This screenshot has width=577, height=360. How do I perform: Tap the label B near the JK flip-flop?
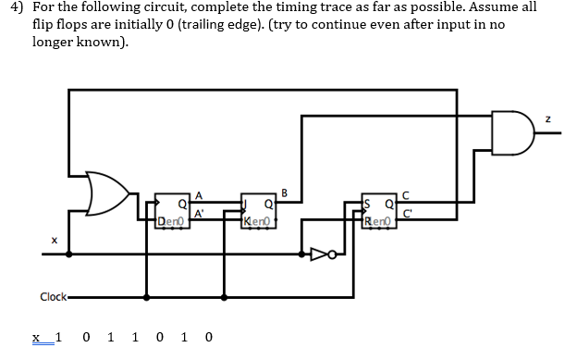click(x=285, y=192)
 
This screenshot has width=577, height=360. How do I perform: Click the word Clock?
click(x=53, y=296)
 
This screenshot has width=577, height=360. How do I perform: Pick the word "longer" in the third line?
click(x=53, y=43)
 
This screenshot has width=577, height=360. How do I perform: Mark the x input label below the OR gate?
click(x=55, y=242)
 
